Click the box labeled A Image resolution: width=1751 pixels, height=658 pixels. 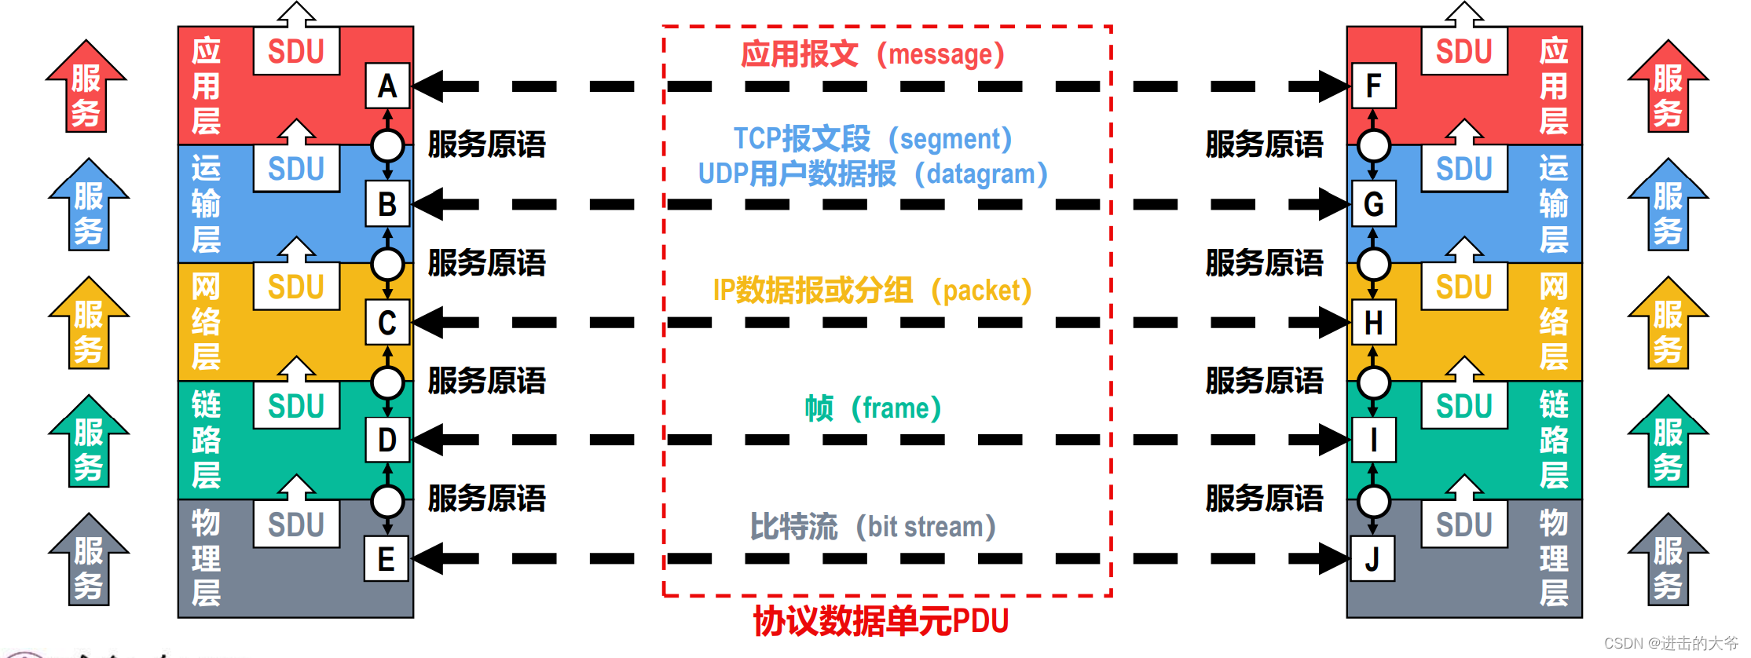point(387,86)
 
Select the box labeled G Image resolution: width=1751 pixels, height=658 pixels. point(1373,204)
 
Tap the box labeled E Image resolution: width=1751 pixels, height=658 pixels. point(386,559)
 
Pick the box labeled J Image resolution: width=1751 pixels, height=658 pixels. point(1372,559)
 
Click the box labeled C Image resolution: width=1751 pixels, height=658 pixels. point(387,323)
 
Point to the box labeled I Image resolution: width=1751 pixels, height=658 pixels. point(1373,440)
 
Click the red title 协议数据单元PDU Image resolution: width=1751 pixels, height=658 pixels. point(881,621)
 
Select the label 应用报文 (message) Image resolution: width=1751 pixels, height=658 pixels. point(873,54)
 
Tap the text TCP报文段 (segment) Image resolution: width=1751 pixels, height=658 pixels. point(873,139)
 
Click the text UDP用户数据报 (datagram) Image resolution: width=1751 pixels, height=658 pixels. point(873,174)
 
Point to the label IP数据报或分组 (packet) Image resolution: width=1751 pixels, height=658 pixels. point(872,291)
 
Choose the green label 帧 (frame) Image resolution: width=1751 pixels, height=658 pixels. point(873,408)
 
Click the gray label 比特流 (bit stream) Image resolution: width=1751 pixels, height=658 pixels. point(873,526)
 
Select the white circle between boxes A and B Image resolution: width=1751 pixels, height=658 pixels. point(387,145)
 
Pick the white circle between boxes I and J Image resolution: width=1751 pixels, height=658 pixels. point(1373,500)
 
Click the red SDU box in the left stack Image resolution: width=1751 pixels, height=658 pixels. point(296,52)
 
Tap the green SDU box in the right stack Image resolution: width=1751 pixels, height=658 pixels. point(1464,406)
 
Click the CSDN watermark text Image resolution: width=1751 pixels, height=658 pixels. point(1671,643)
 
